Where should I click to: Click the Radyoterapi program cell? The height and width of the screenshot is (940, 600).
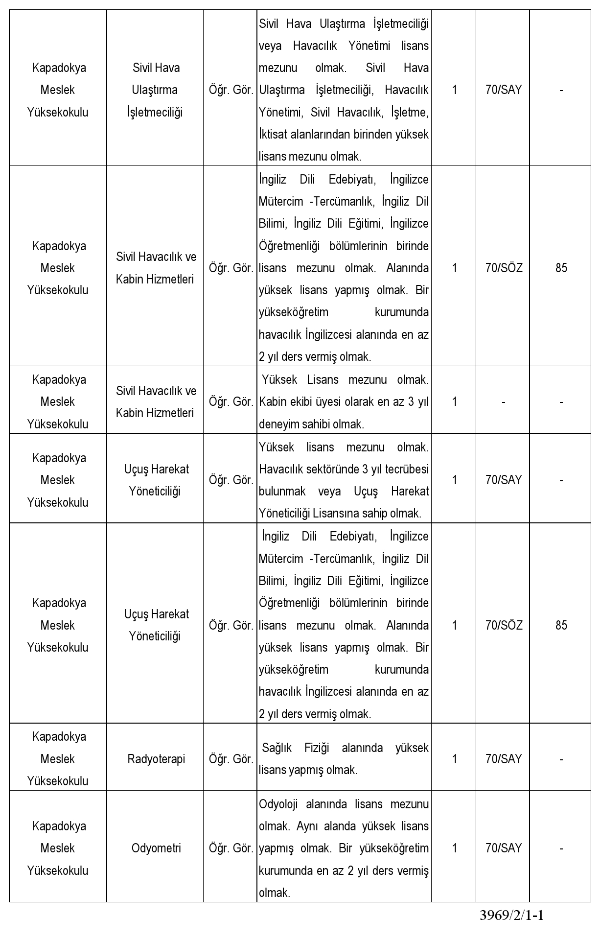156,759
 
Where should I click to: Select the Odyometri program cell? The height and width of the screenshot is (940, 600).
156,848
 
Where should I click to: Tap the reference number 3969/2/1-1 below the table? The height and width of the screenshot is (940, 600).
512,915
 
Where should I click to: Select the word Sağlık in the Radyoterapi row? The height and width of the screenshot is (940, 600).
277,748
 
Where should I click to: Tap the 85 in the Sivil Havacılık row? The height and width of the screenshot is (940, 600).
561,268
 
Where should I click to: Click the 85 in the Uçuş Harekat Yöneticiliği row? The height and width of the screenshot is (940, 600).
561,625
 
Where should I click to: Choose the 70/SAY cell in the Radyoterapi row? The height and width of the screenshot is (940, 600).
504,759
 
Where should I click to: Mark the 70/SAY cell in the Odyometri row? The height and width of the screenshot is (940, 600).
504,848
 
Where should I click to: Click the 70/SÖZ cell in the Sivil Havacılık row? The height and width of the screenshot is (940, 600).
504,268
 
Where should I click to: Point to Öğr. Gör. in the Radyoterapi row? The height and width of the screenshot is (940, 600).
231,759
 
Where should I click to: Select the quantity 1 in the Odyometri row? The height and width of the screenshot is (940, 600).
455,848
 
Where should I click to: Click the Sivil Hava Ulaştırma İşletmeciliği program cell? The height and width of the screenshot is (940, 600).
156,90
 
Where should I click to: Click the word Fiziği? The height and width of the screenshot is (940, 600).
317,748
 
